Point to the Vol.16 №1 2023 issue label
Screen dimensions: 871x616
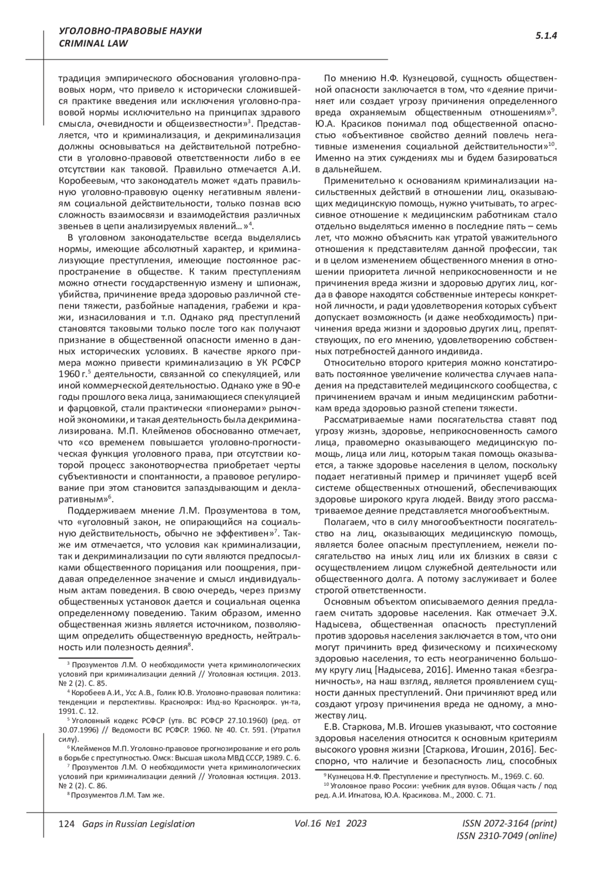331,823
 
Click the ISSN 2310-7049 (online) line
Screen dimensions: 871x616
507,836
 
